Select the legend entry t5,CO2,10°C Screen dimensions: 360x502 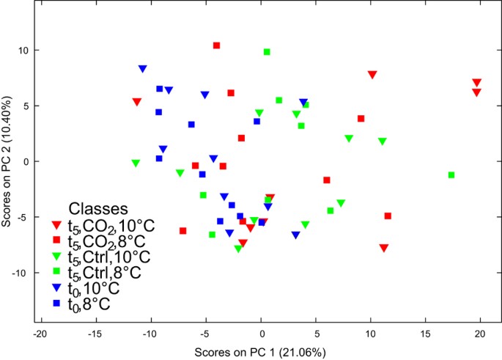[x=111, y=224]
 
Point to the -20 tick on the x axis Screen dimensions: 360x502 [x=40, y=334]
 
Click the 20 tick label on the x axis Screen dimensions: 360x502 [x=481, y=334]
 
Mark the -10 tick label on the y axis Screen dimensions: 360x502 [x=24, y=272]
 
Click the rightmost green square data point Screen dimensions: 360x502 [x=451, y=175]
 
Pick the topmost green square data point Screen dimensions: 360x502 [x=267, y=52]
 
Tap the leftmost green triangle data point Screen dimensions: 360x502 [x=136, y=164]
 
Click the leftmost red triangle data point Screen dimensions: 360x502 [x=136, y=102]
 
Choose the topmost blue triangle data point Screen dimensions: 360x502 [x=142, y=69]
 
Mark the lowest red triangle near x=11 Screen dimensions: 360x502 [x=383, y=248]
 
